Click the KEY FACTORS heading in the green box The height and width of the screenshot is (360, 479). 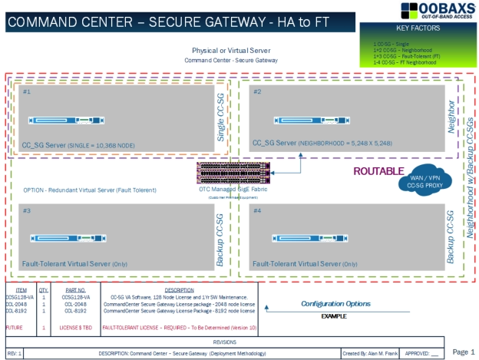[x=418, y=28]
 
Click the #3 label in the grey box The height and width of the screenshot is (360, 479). [x=27, y=210]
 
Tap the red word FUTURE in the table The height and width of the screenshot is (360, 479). [x=14, y=327]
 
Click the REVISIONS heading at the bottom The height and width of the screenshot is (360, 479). [x=224, y=342]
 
